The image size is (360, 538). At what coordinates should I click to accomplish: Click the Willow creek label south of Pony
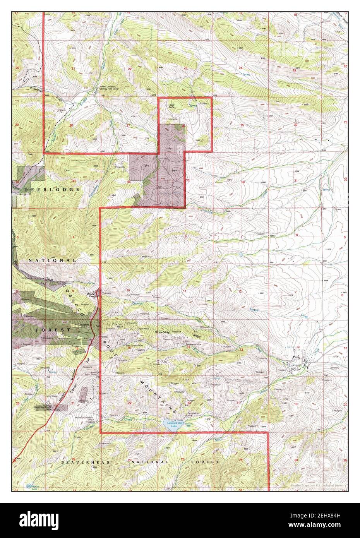click(x=265, y=392)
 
